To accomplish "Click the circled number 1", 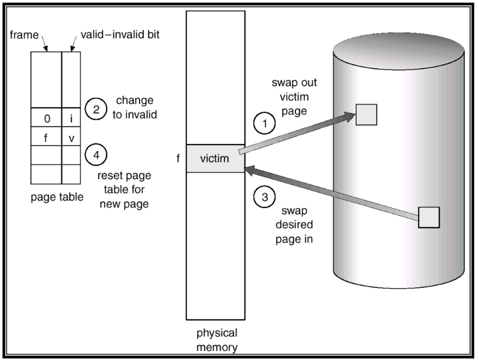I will (264, 123).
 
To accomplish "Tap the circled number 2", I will (96, 109).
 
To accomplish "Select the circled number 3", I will (264, 197).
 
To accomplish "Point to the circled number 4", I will (96, 155).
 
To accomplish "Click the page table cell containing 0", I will (46, 118).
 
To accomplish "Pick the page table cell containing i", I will (71, 118).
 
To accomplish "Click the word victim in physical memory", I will (215, 158).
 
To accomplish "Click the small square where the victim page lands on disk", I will (366, 115).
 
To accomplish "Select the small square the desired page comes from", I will (429, 217).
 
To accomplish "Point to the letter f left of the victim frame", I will (178, 158).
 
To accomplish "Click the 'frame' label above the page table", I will (24, 35).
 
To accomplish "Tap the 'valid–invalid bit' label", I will (120, 34).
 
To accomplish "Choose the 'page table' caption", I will (57, 197).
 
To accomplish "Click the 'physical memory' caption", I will (217, 340).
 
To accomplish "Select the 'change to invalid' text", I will (135, 107).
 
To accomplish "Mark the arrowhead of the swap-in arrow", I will (249, 170).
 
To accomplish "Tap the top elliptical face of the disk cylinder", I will (399, 51).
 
